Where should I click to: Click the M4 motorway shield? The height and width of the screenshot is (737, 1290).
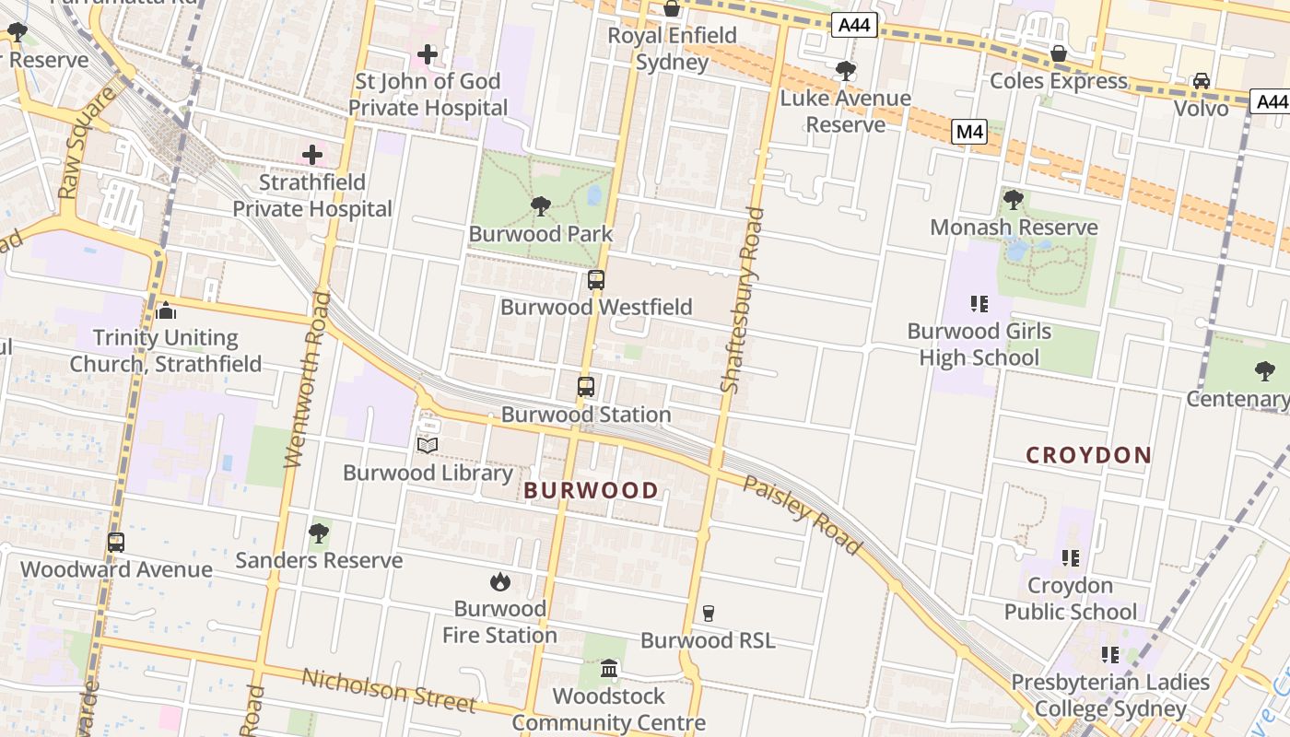969,132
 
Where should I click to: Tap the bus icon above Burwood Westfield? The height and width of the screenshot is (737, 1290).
596,280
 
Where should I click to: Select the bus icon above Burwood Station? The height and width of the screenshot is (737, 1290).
586,387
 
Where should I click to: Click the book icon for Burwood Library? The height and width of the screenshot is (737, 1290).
427,446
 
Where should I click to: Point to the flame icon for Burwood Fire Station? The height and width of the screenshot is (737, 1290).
500,581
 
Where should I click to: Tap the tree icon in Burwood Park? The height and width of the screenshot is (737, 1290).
541,206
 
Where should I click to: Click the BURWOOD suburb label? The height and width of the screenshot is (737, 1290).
591,490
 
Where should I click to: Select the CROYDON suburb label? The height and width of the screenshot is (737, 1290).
1088,455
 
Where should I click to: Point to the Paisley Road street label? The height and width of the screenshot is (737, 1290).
803,516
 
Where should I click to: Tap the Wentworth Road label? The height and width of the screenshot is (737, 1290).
307,380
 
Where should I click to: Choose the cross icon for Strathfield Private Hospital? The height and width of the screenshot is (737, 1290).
312,155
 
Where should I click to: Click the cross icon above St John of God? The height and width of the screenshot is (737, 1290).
428,54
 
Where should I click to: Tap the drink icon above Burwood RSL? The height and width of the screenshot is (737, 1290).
708,613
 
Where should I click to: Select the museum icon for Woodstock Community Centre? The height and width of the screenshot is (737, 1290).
609,668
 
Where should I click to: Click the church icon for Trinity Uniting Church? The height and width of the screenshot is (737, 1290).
166,310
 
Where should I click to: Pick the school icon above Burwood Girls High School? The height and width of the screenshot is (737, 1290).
979,303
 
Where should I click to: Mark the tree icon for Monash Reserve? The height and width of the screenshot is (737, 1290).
1013,199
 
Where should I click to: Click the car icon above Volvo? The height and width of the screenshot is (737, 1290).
1202,81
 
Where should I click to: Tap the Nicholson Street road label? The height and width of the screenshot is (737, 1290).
389,690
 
